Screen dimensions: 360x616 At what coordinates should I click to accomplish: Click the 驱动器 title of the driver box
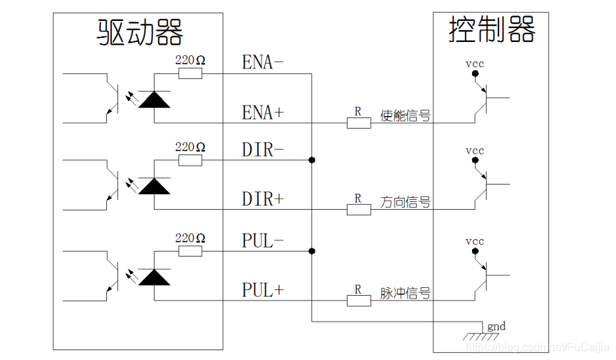(140, 32)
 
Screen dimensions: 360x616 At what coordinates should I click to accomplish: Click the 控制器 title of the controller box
(492, 30)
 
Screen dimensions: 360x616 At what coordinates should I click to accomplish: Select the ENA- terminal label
(263, 62)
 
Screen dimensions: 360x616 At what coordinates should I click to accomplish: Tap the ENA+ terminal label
(263, 112)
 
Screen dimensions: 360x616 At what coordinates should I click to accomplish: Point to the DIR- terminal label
(263, 149)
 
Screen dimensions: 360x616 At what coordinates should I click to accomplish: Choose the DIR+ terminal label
(263, 199)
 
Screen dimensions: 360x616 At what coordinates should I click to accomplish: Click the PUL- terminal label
(263, 241)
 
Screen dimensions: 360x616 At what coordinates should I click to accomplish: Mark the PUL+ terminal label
(263, 289)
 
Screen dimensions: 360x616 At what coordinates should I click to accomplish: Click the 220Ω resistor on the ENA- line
(190, 73)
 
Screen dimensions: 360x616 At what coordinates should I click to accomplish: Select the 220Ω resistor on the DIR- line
(190, 161)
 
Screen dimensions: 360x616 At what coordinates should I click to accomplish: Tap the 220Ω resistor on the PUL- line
(190, 251)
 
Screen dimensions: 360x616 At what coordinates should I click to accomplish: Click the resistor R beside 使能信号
(359, 123)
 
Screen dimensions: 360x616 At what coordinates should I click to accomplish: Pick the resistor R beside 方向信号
(359, 210)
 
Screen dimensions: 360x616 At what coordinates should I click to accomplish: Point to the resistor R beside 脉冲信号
(359, 301)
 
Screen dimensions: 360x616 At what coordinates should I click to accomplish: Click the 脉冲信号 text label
(406, 293)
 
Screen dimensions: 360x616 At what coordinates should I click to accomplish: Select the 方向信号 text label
(406, 203)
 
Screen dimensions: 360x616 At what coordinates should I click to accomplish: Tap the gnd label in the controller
(496, 326)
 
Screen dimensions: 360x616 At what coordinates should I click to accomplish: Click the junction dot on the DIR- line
(312, 161)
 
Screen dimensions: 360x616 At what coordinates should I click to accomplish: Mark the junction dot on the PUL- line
(312, 251)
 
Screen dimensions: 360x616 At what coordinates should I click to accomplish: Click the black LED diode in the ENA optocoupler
(154, 99)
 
